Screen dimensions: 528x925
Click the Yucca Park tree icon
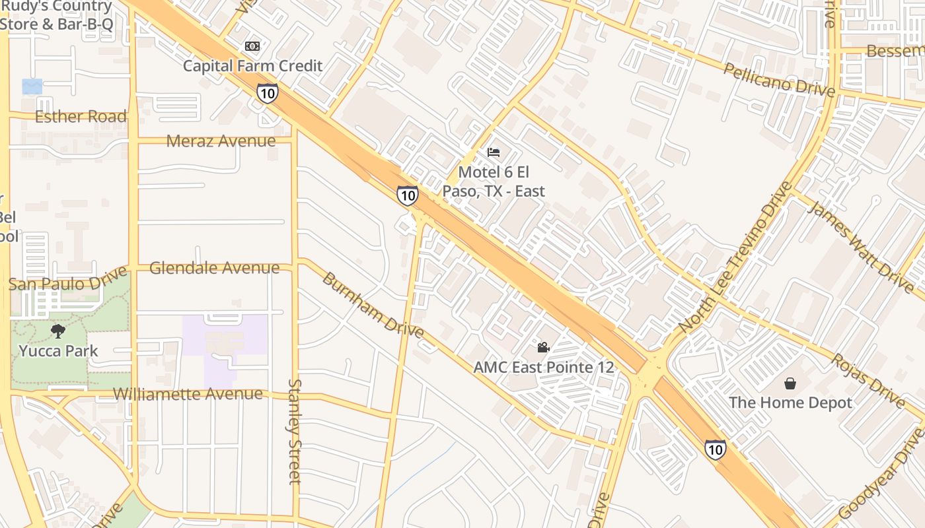point(58,331)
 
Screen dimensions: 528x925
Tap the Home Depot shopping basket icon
point(790,383)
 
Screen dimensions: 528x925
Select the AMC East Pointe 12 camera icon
point(543,347)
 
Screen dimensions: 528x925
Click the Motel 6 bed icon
point(494,152)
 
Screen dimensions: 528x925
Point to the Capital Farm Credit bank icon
point(252,46)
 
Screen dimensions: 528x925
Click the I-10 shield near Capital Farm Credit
point(267,94)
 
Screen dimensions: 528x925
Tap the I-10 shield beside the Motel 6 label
point(407,195)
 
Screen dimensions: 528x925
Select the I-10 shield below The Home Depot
point(715,449)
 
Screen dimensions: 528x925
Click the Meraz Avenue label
point(221,141)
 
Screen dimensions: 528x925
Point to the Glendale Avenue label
point(214,268)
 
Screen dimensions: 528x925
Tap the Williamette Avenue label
point(188,394)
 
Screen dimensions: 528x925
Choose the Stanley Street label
point(295,432)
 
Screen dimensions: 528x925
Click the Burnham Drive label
point(373,304)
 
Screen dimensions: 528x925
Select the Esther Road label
point(81,117)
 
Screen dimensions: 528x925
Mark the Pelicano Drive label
point(779,80)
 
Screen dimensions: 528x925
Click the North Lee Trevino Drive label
point(735,257)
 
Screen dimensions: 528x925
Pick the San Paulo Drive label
point(67,280)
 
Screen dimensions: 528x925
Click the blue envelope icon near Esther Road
point(32,86)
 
